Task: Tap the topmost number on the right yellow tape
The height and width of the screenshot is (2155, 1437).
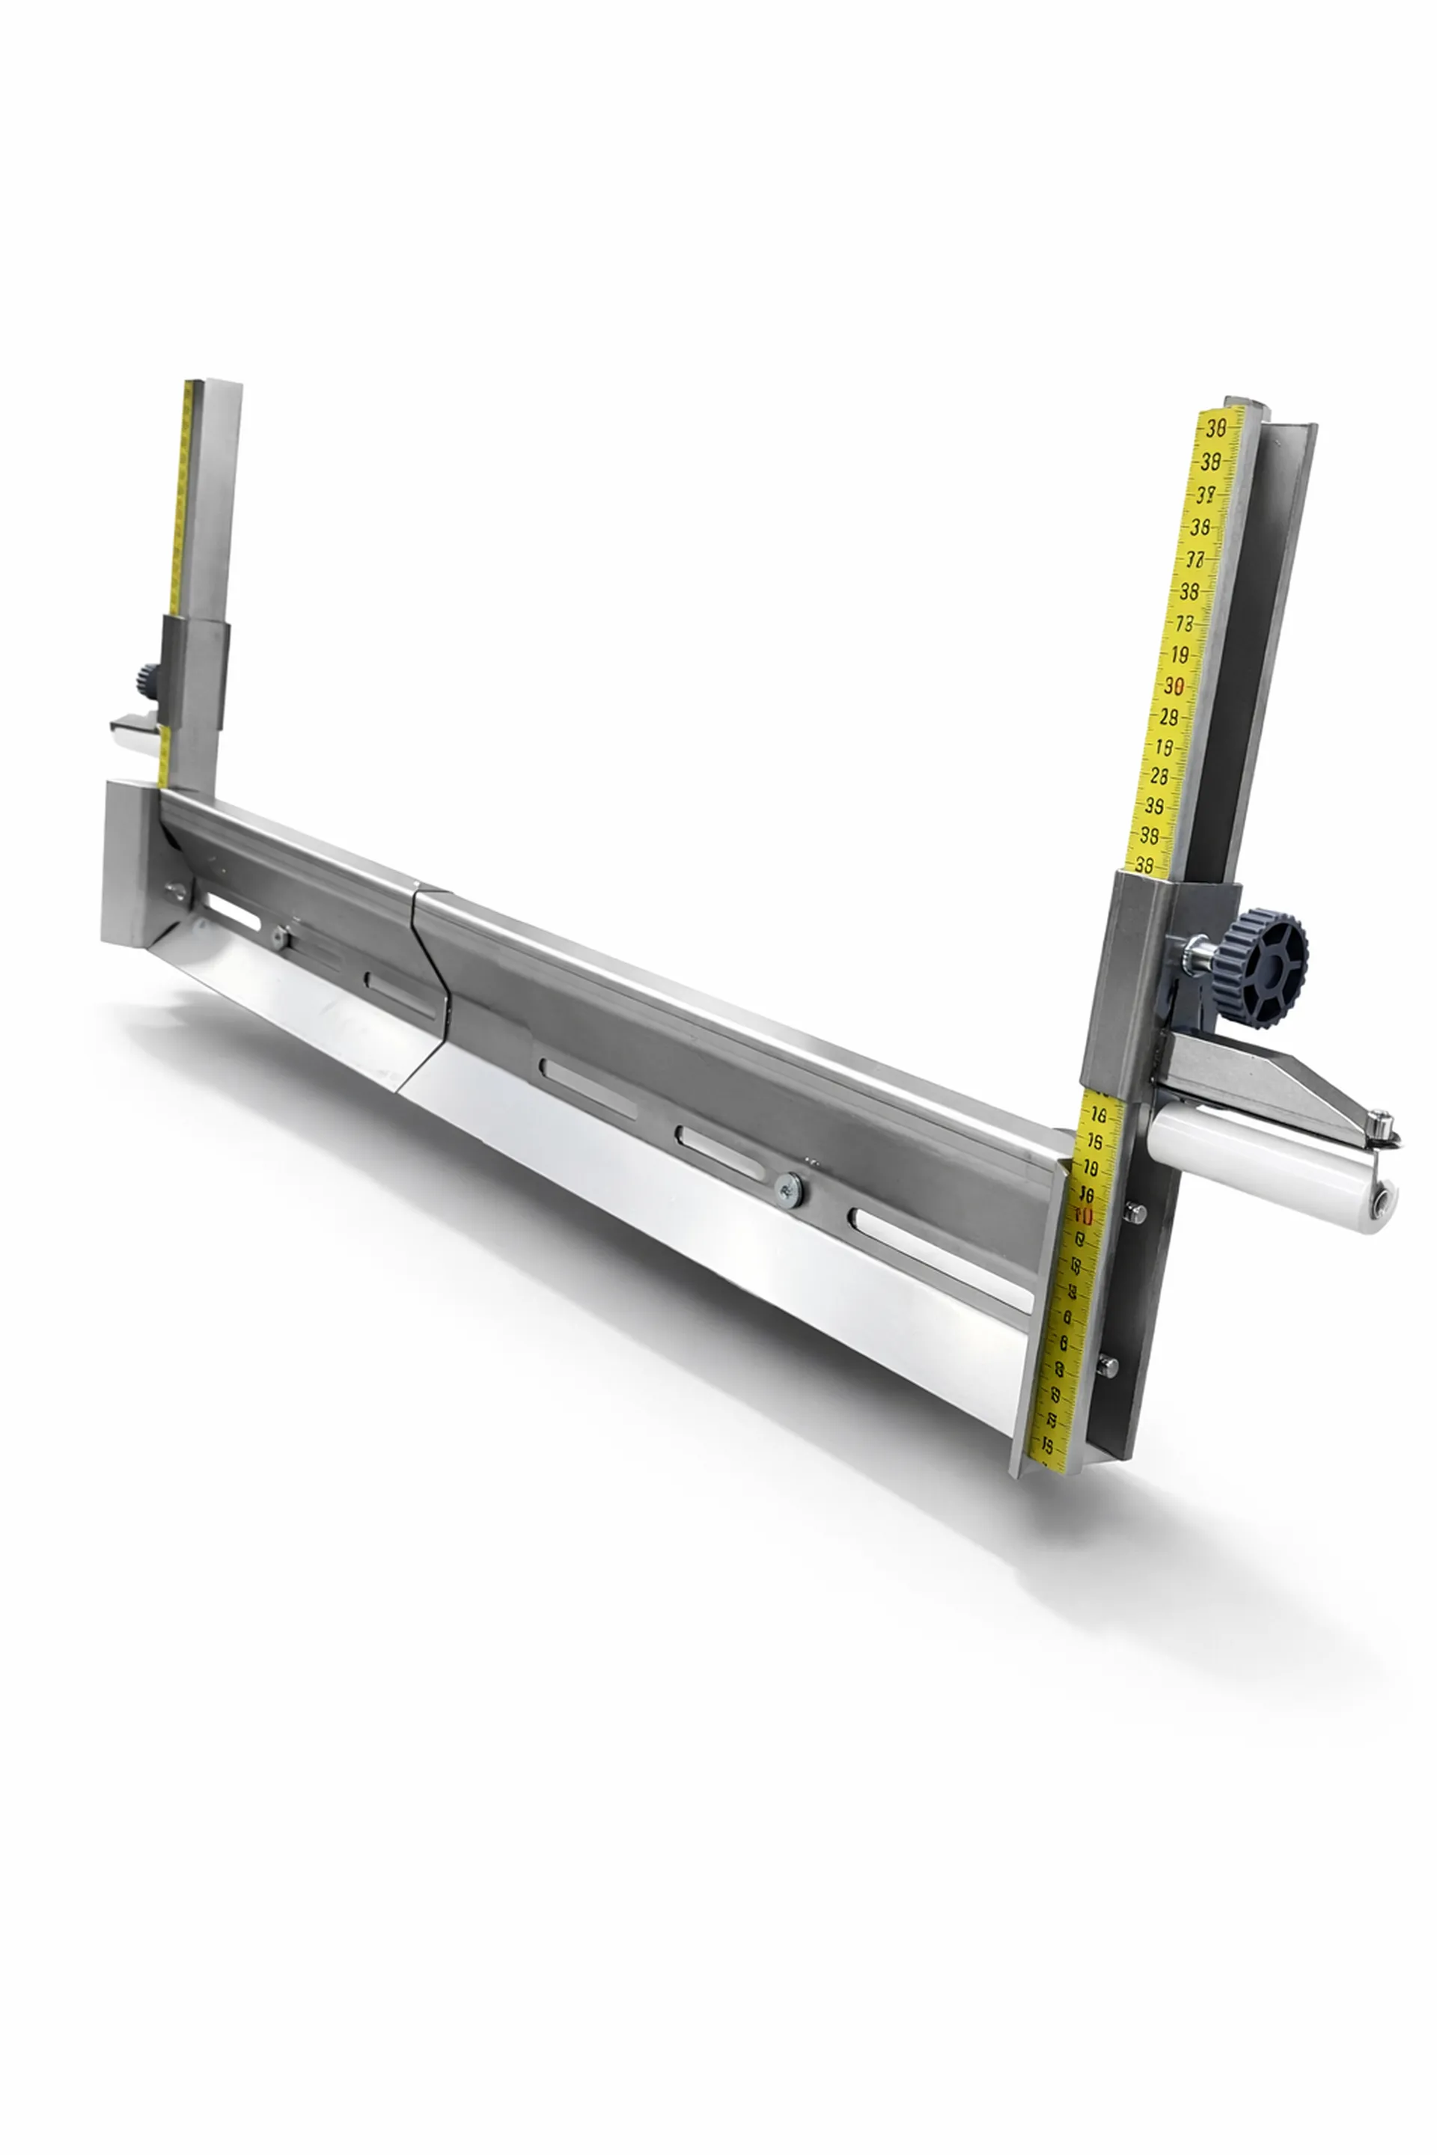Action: tap(1217, 427)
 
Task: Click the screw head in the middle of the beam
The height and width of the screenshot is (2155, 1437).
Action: tap(788, 1188)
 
